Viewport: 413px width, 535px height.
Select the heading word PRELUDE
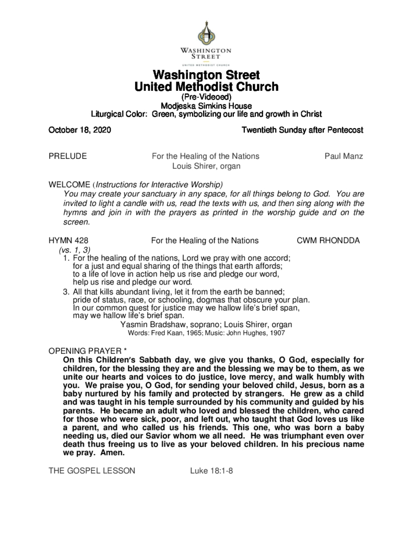pos(67,156)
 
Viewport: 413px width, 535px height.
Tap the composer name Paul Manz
pos(344,156)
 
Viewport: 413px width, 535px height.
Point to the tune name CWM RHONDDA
pos(328,240)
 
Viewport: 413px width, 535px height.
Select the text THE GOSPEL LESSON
pos(91,470)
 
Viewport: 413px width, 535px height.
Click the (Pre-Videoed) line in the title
pos(206,97)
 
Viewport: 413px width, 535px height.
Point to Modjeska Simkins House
pos(206,106)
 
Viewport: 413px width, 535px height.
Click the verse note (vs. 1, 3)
pos(74,250)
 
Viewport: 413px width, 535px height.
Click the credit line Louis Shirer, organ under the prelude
pos(206,166)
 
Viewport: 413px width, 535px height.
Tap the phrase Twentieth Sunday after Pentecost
pos(302,130)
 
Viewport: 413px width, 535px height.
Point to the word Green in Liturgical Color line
pos(163,114)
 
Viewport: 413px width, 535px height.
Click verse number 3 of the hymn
pos(65,292)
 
